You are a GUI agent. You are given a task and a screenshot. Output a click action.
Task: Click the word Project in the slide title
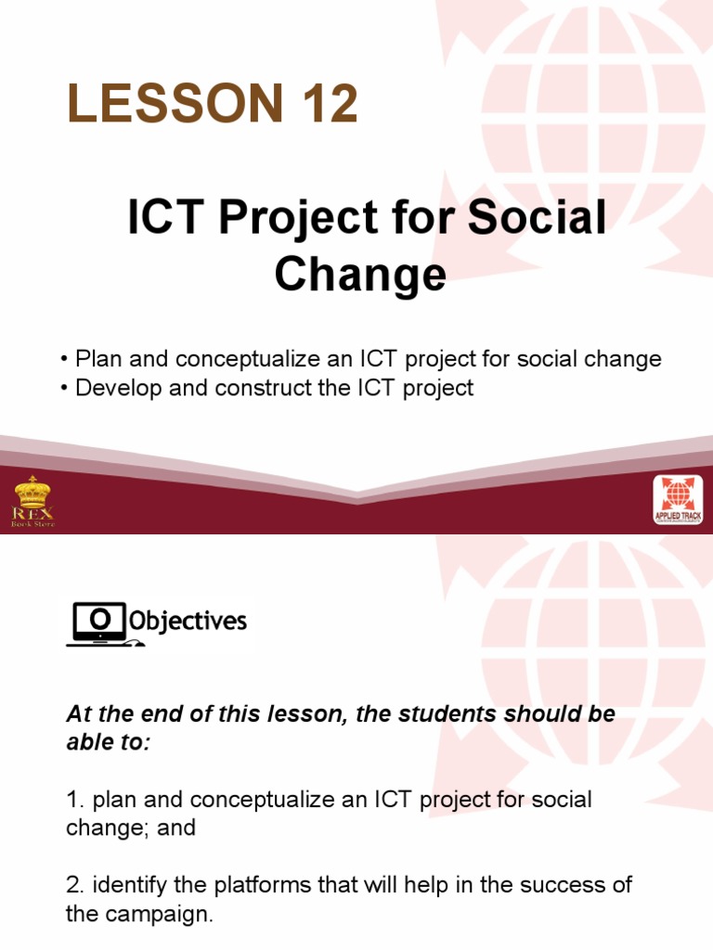tap(282, 221)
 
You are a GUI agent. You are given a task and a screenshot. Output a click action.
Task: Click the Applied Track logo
tap(677, 502)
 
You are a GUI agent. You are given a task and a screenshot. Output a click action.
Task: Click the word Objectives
tap(188, 621)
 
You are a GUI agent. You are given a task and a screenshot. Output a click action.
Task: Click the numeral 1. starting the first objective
tap(74, 800)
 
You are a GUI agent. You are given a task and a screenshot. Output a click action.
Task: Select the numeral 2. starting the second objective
tap(74, 885)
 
